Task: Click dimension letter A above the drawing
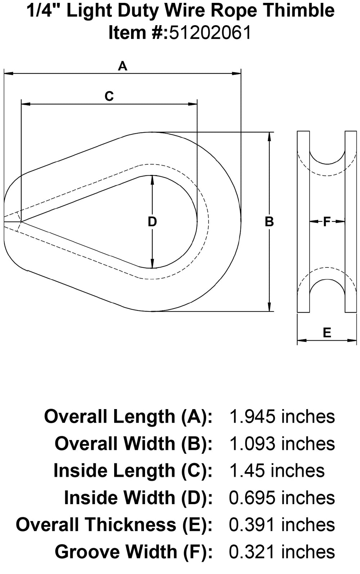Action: tap(123, 66)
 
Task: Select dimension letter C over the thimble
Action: tap(109, 96)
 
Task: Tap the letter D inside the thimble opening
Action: tap(152, 222)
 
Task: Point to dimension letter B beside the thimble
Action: tap(269, 222)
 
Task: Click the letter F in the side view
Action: tap(327, 222)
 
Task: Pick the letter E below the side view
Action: tap(327, 332)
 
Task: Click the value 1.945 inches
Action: tap(282, 417)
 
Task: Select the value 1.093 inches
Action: tap(282, 444)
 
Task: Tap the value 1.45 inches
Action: tap(276, 471)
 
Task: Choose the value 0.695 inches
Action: tap(282, 498)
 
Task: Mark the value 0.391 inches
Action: tap(282, 525)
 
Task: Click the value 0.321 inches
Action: tap(282, 552)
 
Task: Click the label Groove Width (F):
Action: tap(134, 552)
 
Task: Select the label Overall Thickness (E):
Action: tap(114, 525)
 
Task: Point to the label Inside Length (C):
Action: tap(133, 471)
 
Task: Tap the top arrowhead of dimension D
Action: tap(152, 179)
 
